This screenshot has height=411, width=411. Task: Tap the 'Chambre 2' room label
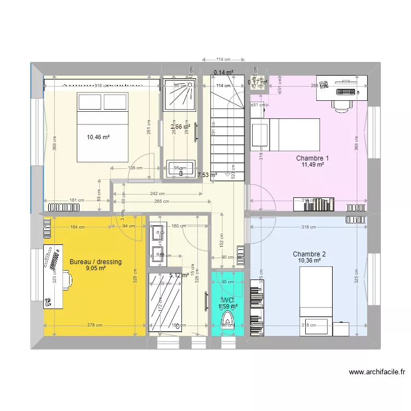click(309, 254)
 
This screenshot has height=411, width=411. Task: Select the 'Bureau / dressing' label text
click(95, 262)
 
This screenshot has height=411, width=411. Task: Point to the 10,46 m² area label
click(98, 137)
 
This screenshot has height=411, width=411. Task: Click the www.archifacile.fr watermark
click(378, 372)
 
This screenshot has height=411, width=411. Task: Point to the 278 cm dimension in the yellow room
click(94, 325)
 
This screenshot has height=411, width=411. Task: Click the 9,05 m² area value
click(95, 269)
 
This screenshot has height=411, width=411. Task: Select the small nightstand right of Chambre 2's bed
click(341, 329)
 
